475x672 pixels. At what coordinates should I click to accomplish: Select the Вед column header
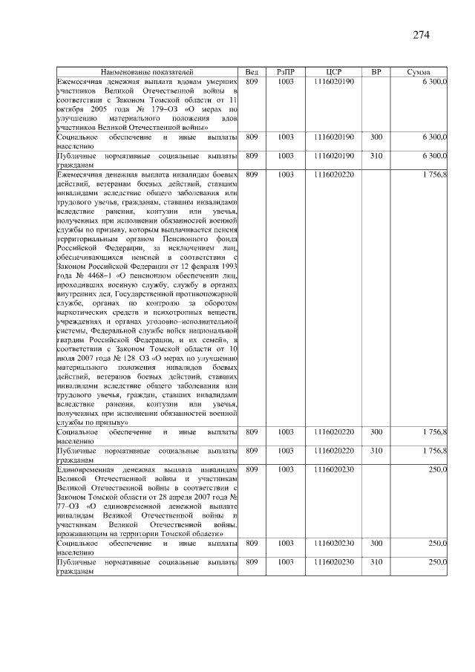point(252,71)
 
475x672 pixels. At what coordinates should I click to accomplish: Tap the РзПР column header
point(286,71)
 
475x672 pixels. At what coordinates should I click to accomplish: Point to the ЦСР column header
point(333,71)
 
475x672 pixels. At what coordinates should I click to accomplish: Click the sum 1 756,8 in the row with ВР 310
point(434,451)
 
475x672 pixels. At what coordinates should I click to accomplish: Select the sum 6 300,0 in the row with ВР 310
point(434,157)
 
